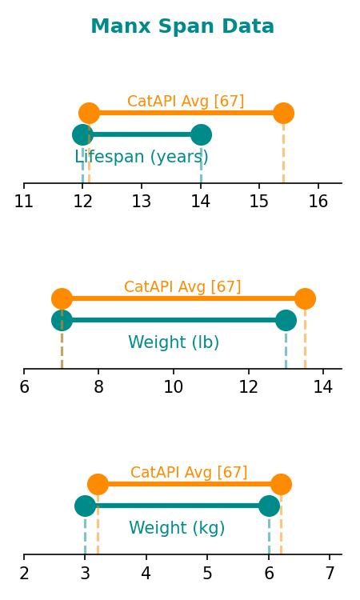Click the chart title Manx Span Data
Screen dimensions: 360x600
[182, 26]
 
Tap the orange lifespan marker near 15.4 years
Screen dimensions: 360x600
[283, 114]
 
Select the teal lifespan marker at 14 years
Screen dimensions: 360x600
[201, 134]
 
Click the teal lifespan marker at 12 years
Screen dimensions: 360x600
[82, 134]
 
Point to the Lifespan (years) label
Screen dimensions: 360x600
[142, 157]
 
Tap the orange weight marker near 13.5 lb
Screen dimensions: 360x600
[305, 298]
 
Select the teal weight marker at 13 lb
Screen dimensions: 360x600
[286, 320]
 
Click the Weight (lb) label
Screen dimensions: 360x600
[174, 342]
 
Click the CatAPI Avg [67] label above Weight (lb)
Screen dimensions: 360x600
[182, 286]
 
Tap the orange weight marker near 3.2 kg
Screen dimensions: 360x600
[98, 484]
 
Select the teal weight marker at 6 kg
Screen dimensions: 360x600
[269, 506]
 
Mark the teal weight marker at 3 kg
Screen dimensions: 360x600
[85, 506]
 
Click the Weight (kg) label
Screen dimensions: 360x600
[177, 528]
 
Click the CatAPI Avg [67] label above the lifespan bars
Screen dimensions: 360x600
[186, 101]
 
